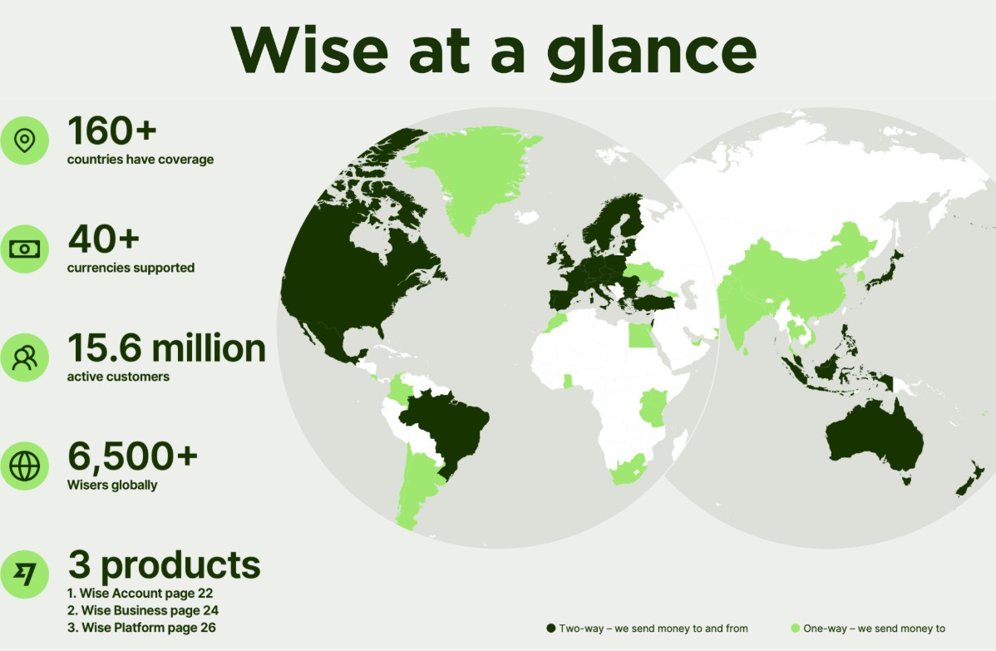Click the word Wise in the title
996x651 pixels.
click(x=309, y=50)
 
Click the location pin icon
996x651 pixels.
click(x=25, y=141)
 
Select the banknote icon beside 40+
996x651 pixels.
click(x=25, y=249)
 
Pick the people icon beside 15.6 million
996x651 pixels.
click(x=25, y=358)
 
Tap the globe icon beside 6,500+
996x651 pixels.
click(x=25, y=466)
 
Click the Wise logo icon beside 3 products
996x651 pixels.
click(x=25, y=575)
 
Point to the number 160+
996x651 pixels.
click(x=111, y=131)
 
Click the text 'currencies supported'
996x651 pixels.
click(x=131, y=268)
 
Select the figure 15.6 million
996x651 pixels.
click(x=166, y=348)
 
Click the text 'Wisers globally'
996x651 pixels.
click(x=112, y=485)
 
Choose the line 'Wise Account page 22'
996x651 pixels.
click(x=141, y=593)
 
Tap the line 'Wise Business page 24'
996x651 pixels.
click(x=143, y=610)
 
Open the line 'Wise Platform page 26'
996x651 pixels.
click(x=141, y=628)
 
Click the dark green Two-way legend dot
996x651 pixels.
click(x=550, y=628)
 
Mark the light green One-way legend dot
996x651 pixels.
click(x=795, y=628)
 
